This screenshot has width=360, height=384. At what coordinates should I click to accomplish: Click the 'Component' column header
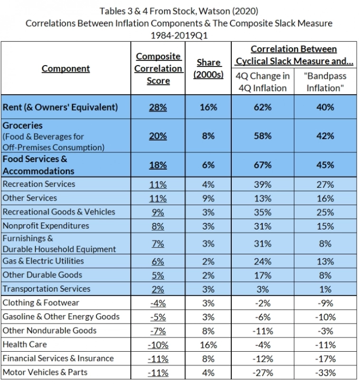point(66,68)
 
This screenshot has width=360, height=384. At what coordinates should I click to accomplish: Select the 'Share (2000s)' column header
point(208,68)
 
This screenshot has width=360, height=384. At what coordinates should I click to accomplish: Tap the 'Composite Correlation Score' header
point(158,68)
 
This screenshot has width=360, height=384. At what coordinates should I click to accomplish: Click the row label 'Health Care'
point(25,344)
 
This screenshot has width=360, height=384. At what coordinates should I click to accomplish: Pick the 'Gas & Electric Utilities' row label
point(43,261)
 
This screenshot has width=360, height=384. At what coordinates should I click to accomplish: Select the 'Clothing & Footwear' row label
point(41,303)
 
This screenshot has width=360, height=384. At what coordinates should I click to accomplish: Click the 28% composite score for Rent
point(158,107)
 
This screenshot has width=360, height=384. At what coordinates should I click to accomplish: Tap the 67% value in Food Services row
point(263,165)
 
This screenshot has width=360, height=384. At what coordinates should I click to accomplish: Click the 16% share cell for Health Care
point(208,345)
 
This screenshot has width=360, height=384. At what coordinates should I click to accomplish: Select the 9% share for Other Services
point(208,198)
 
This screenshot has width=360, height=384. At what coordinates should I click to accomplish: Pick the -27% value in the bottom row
point(263,373)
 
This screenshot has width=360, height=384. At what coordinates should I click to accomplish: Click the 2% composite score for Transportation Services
point(158,289)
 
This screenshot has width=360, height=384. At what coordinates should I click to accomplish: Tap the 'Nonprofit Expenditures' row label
point(46,226)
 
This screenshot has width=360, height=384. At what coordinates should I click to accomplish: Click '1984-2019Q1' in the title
point(180,34)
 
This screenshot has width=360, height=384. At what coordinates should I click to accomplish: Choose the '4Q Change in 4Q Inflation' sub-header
point(263,82)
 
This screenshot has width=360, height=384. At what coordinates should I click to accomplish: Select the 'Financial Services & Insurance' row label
point(58,358)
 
